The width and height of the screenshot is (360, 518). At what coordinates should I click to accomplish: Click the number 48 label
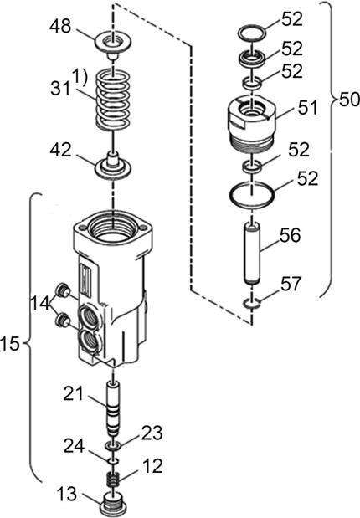pyautogui.click(x=60, y=26)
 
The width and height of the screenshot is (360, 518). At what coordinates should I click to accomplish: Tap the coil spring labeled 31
pyautogui.click(x=113, y=100)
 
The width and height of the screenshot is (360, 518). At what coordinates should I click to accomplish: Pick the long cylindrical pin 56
pyautogui.click(x=252, y=254)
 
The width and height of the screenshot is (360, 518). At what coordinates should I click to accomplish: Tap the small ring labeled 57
pyautogui.click(x=251, y=302)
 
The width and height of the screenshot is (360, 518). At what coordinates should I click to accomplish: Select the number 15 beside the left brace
pyautogui.click(x=10, y=345)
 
